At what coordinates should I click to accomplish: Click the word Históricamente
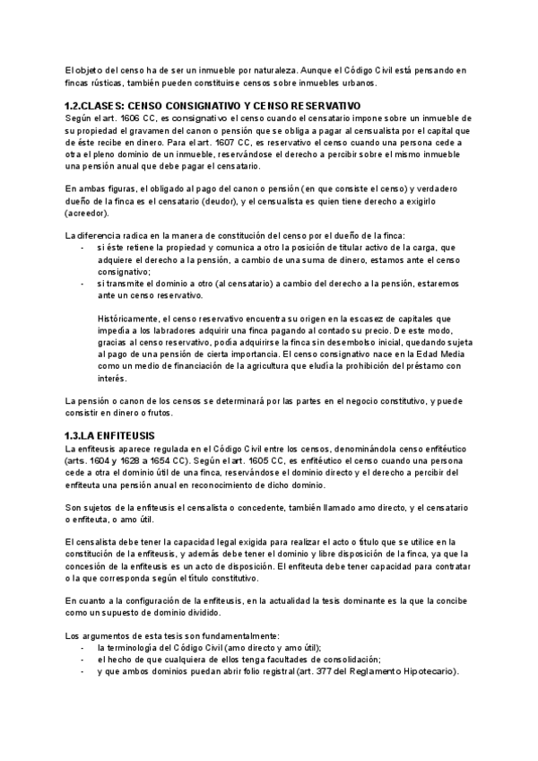[129, 319]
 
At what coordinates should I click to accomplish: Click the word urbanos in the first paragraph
[358, 83]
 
